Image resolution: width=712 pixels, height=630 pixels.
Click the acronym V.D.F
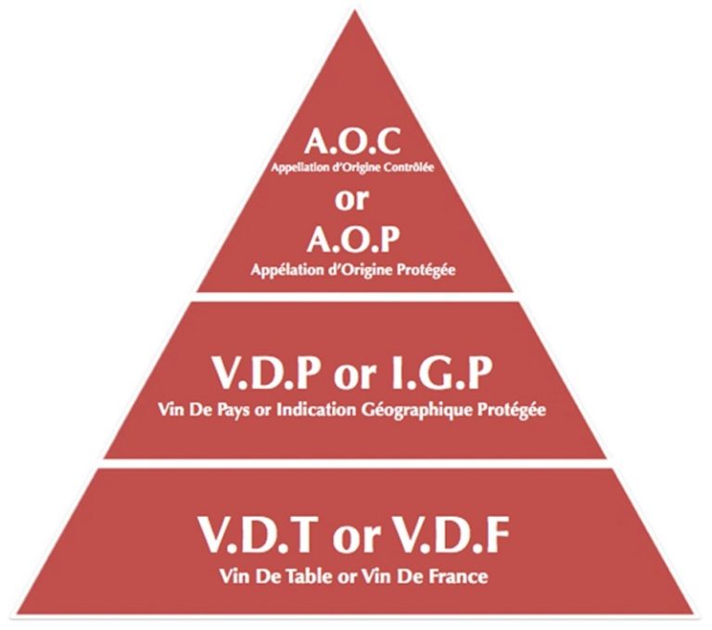[x=441, y=538]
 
